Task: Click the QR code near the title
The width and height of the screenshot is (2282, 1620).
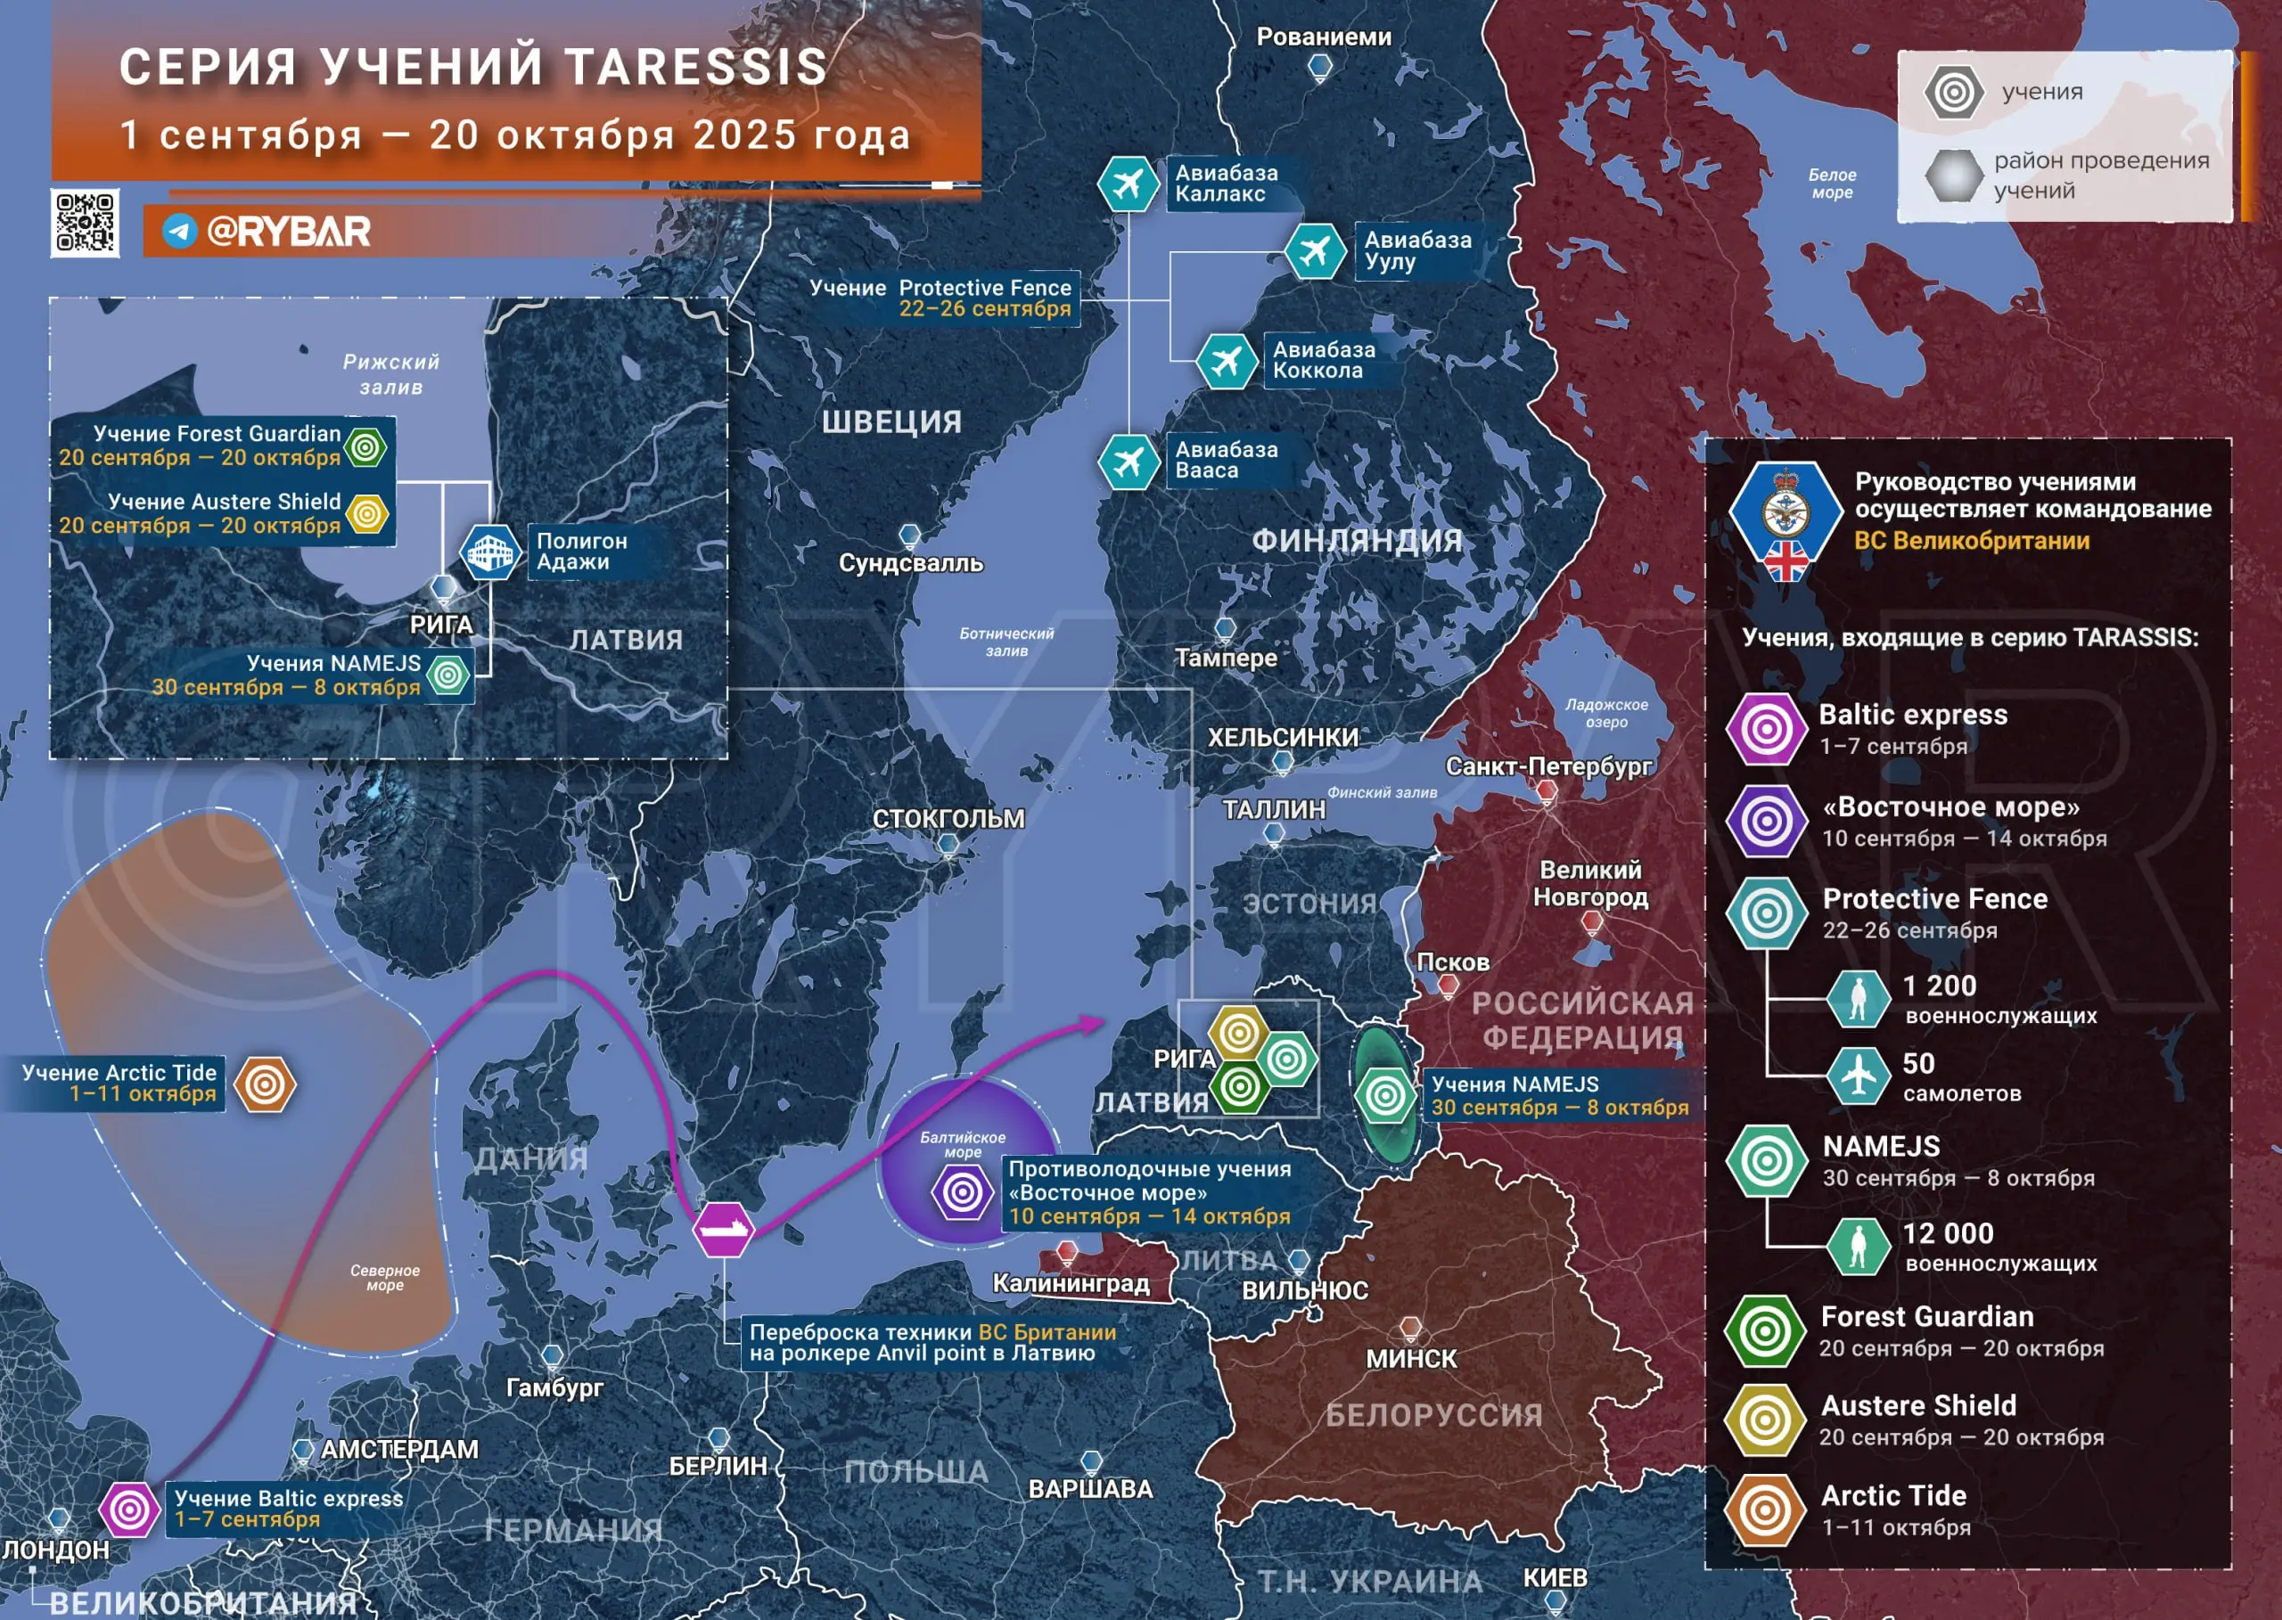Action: point(85,223)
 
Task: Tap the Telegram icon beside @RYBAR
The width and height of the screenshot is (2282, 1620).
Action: point(179,232)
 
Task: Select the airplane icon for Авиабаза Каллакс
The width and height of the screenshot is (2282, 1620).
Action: point(1128,184)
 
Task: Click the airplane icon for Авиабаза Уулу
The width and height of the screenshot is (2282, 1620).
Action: point(1314,250)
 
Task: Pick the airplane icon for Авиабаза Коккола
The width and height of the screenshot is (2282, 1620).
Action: point(1226,360)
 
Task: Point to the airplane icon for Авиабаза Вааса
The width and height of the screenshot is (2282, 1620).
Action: point(1128,461)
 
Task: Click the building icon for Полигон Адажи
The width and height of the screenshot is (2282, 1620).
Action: point(490,552)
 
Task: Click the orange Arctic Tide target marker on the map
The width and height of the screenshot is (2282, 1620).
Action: point(266,1084)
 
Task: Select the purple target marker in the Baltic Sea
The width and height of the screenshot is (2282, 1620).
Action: point(963,1192)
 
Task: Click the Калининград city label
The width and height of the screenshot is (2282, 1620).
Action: point(1071,1283)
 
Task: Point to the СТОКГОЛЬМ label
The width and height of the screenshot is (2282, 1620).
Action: point(948,819)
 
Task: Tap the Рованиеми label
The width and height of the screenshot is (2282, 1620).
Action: point(1323,37)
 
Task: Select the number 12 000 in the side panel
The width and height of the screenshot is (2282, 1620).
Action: point(1947,1234)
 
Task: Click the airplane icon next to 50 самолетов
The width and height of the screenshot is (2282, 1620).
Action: point(1858,1076)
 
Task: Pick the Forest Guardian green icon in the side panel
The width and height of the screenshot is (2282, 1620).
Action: point(1765,1330)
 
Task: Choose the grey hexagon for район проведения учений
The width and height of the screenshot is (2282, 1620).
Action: point(1953,176)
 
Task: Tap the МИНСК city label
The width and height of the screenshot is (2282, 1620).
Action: point(1411,1359)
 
